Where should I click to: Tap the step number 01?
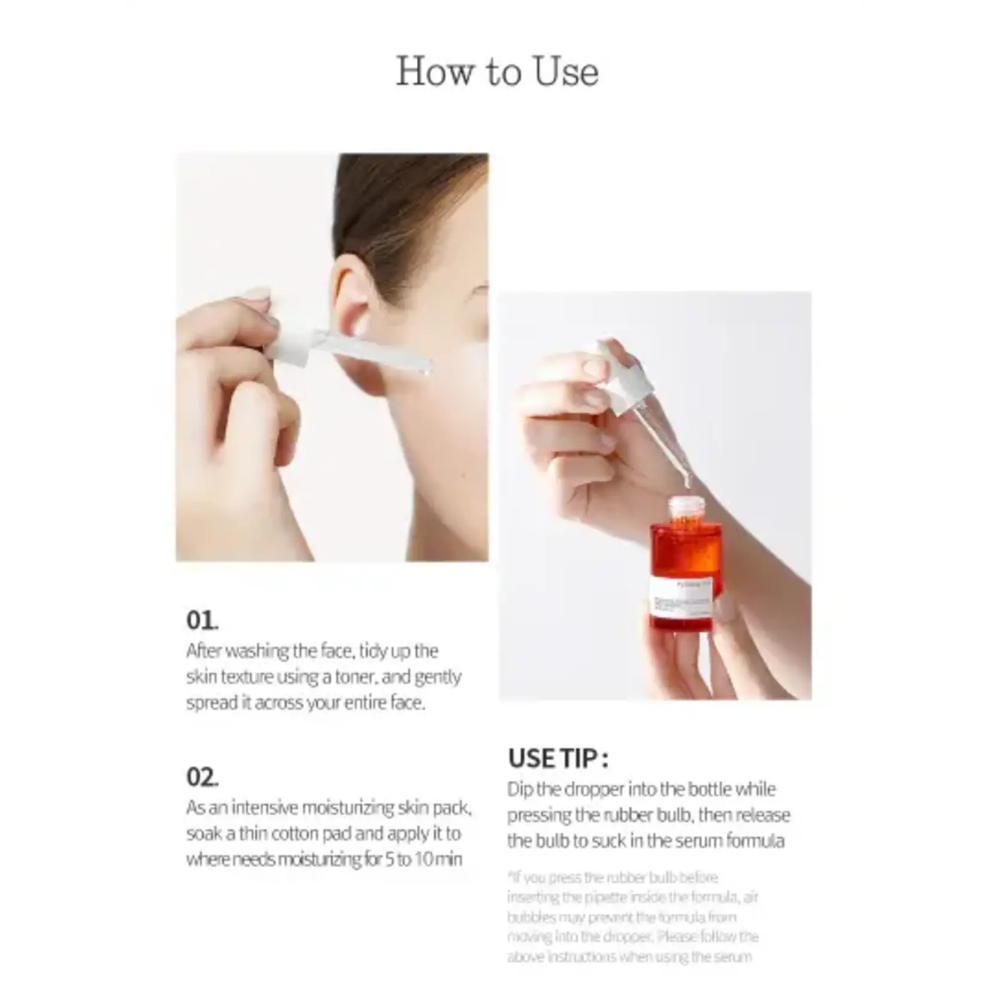tap(202, 620)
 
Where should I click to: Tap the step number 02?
tap(202, 777)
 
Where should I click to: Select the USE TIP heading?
tap(558, 759)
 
